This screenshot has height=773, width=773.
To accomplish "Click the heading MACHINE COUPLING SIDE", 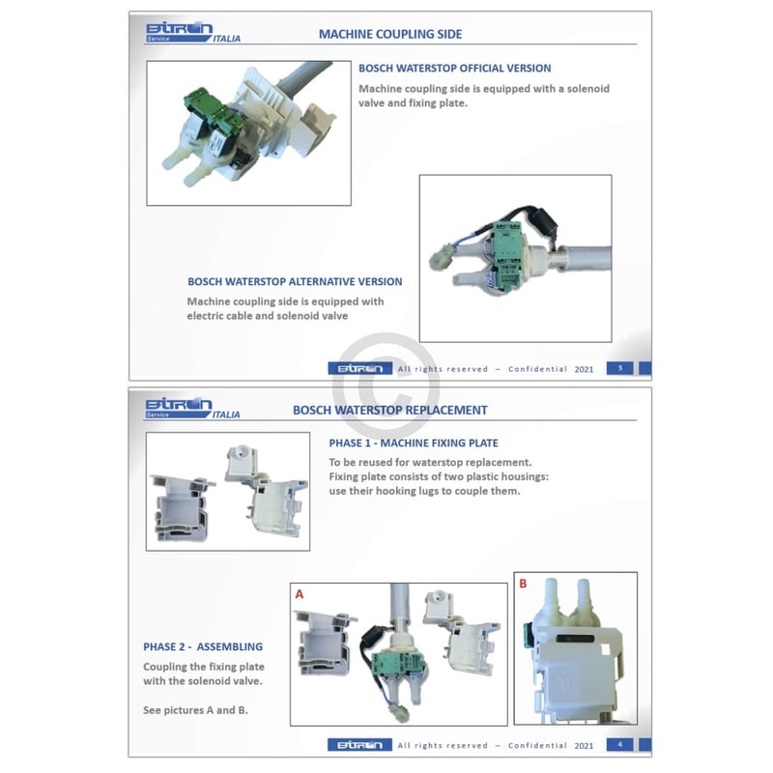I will [390, 34].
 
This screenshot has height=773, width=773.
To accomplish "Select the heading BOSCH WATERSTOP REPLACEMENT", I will [390, 410].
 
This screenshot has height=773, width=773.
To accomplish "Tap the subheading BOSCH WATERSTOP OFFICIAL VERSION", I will [454, 69].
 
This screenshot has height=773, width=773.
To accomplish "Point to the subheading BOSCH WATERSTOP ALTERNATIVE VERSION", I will [295, 282].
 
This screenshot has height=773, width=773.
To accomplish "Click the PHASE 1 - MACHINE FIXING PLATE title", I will [414, 443].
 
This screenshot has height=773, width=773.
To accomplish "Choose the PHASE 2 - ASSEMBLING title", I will [203, 646].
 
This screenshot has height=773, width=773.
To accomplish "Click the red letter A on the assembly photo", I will [300, 594].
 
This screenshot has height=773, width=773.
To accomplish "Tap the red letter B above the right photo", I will [523, 584].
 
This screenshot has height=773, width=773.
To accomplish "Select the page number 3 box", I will [619, 368].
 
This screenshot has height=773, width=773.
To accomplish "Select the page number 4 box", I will [619, 744].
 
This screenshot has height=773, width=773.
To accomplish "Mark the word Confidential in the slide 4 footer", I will [537, 745].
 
